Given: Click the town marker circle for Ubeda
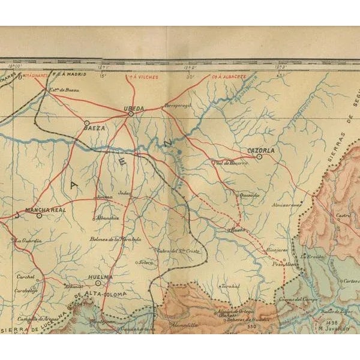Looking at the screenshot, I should point(130,113).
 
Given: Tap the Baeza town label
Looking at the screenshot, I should point(95,128).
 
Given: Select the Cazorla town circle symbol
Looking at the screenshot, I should point(259,157).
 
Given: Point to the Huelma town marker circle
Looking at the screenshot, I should point(98,283).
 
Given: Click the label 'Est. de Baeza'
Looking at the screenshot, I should point(64,89).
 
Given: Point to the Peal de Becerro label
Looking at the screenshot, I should point(230,163).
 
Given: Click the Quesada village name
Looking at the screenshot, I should point(248,194).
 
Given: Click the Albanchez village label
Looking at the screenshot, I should point(106,218).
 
